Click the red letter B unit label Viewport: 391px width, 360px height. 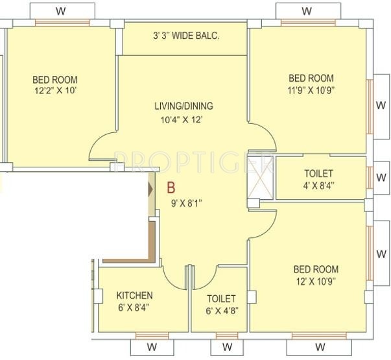click(171, 188)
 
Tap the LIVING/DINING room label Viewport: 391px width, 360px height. click(184, 106)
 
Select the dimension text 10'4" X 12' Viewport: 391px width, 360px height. click(184, 120)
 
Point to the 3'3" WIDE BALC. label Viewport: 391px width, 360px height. click(185, 36)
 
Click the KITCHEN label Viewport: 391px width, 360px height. click(134, 296)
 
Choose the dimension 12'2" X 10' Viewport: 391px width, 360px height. click(55, 91)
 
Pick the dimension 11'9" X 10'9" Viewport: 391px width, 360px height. click(311, 90)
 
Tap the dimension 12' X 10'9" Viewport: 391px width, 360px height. click(316, 281)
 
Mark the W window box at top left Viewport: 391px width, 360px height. click(60, 11)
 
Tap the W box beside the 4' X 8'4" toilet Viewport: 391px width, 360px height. click(379, 177)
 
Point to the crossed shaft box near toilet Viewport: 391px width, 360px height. click(262, 178)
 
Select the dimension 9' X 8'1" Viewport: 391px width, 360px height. click(187, 202)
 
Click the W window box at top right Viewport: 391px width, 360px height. click(307, 11)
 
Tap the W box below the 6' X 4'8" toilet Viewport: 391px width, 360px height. click(227, 346)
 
